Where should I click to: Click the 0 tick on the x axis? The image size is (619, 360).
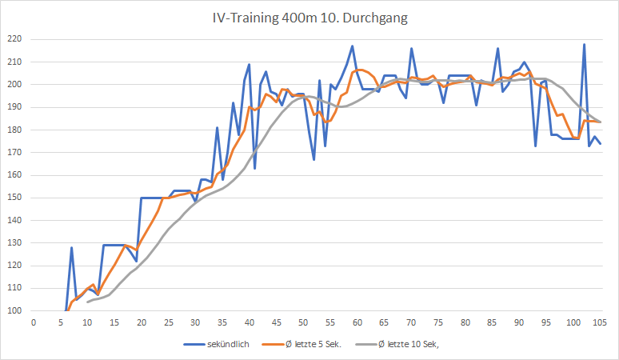point(34,322)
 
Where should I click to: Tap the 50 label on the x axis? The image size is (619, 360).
point(303,322)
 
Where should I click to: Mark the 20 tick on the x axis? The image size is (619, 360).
point(142,322)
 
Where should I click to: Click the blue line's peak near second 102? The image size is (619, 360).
point(584,44)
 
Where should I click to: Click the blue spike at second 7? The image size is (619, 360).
point(71,248)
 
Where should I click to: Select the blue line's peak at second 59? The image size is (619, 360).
point(352,46)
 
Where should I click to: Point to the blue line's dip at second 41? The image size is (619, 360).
point(255,168)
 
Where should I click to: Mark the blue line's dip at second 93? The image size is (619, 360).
point(535,146)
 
